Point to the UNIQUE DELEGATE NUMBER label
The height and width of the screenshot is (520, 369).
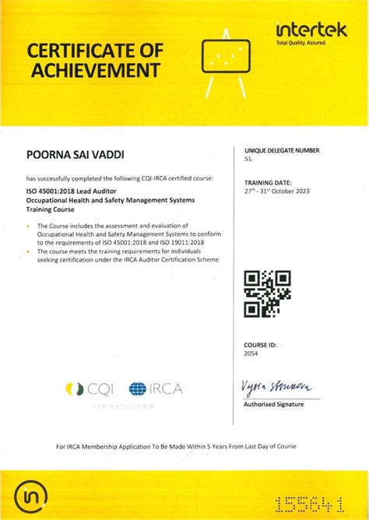click(x=281, y=150)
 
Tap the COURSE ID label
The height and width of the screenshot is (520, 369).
click(x=260, y=343)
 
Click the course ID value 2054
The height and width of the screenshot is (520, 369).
click(x=251, y=353)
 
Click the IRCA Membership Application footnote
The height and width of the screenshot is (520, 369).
click(x=176, y=446)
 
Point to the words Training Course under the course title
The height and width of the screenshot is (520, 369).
click(x=51, y=209)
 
